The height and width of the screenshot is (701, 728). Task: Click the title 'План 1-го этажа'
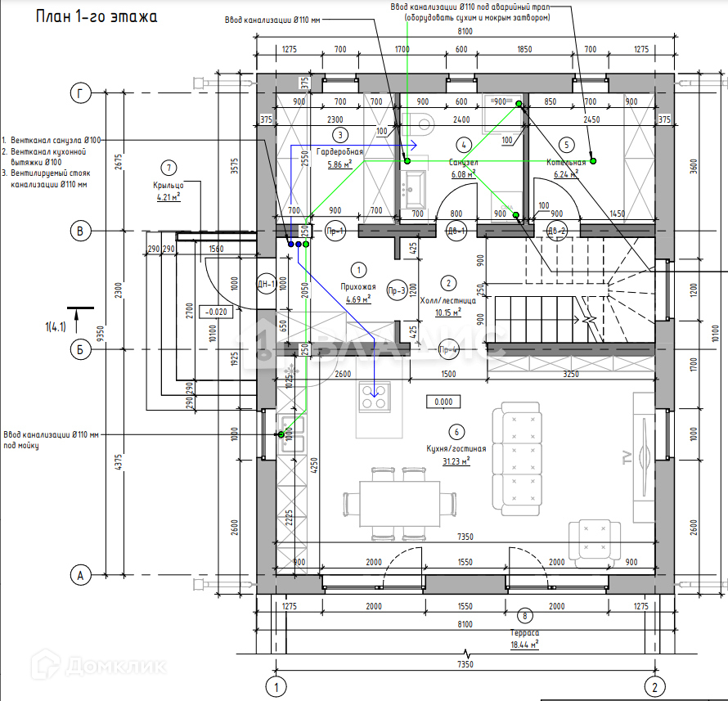tap(97, 16)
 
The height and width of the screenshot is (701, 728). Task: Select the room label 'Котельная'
tap(566, 162)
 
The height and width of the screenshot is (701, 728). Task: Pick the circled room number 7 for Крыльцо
tap(169, 169)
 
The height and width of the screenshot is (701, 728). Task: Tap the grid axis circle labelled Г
tap(80, 93)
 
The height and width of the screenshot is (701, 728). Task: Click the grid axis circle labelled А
tap(80, 576)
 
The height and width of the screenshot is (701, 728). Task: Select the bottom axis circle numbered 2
tap(654, 685)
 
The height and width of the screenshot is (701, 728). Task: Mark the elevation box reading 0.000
tap(444, 402)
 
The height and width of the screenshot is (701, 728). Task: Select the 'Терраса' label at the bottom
tap(524, 633)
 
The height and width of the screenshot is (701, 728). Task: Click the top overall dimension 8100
tap(464, 31)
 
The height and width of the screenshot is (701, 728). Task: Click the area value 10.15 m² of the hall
tap(447, 312)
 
